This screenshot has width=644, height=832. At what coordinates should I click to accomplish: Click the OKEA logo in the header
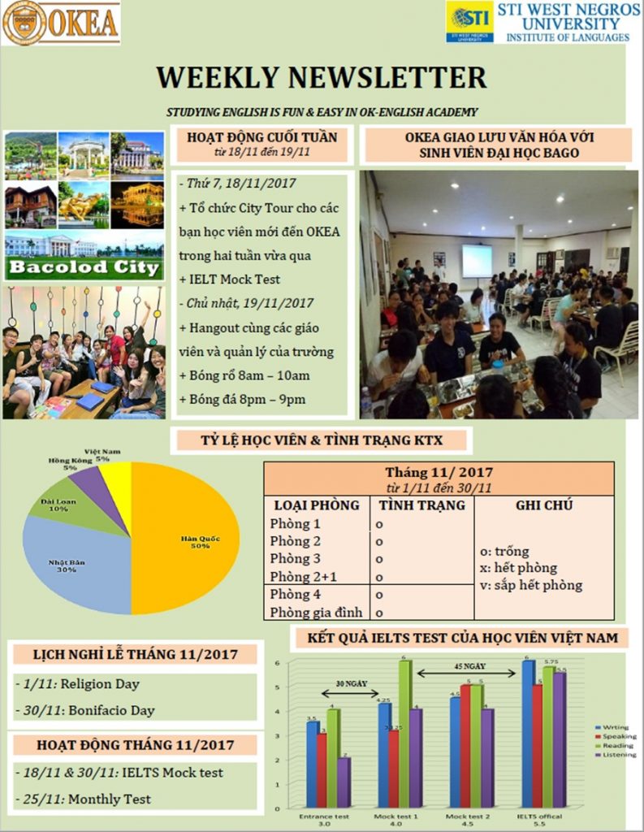click(61, 23)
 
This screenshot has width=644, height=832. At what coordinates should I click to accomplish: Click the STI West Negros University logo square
click(469, 22)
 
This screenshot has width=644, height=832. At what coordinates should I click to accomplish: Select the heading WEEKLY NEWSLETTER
click(322, 77)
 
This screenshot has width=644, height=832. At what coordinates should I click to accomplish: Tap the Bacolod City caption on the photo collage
click(84, 269)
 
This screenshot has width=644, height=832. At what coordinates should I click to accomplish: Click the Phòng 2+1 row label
click(300, 577)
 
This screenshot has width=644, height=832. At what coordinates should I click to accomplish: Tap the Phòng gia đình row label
click(316, 612)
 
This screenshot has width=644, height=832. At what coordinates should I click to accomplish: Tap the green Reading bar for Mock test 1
click(404, 731)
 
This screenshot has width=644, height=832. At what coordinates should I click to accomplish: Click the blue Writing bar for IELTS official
click(528, 731)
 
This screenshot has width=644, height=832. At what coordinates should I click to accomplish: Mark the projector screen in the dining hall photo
click(477, 261)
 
